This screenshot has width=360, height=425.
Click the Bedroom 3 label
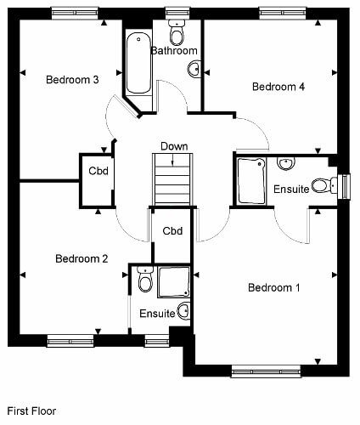point(72,80)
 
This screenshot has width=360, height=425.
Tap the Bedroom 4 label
point(278,87)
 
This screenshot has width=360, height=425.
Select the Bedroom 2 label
point(82,258)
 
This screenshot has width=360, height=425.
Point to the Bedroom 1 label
point(274,287)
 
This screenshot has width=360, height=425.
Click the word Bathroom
point(174,51)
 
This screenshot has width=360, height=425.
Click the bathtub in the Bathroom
point(138,63)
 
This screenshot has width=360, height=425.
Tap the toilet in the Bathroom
point(177,32)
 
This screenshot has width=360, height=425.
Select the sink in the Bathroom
point(194,69)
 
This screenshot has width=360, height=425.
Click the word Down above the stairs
point(174,146)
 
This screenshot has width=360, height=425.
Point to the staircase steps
point(172,179)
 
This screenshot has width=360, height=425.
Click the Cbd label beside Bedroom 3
point(98,171)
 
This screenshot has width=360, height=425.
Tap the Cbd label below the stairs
point(172,231)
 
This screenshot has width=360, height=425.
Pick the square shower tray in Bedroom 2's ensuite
point(174,282)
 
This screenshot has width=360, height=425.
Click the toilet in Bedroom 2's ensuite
point(145,280)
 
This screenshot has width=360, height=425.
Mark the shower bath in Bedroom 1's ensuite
point(251,181)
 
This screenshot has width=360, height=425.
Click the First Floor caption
point(31,411)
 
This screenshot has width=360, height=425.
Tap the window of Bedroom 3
point(75,13)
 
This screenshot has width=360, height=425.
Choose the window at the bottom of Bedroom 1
point(266,371)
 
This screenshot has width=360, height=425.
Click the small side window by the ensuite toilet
point(345,186)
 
